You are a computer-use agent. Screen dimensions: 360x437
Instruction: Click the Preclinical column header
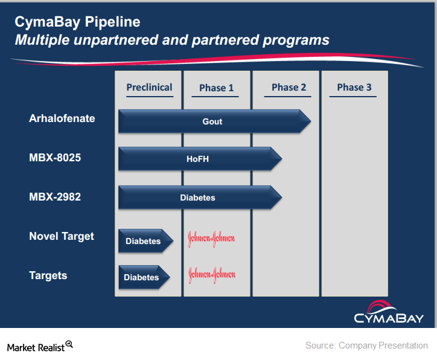[x=149, y=88]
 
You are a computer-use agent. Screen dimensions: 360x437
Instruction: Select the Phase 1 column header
[x=217, y=88]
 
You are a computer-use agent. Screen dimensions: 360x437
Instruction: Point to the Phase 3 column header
[x=354, y=88]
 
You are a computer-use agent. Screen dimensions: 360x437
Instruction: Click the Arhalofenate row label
[x=62, y=118]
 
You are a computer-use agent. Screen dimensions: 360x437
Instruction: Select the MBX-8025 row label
[x=55, y=158]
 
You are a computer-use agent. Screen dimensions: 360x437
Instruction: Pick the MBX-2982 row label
[x=55, y=197]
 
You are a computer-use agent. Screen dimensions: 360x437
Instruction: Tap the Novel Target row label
[x=62, y=236]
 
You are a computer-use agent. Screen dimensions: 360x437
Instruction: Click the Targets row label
[x=48, y=275]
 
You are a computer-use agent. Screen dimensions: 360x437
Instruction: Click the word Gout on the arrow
[x=212, y=121]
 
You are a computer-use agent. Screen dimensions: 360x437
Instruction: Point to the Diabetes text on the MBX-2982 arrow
[x=197, y=198]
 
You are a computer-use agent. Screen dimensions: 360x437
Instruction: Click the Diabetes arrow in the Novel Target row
[x=144, y=241]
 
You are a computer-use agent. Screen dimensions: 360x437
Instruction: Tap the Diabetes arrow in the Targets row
[x=142, y=277]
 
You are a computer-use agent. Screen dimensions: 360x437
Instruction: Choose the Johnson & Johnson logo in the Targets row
[x=211, y=275]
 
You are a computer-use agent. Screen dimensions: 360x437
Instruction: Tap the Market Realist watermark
[x=40, y=347]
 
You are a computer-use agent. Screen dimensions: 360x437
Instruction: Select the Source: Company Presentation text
[x=366, y=346]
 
